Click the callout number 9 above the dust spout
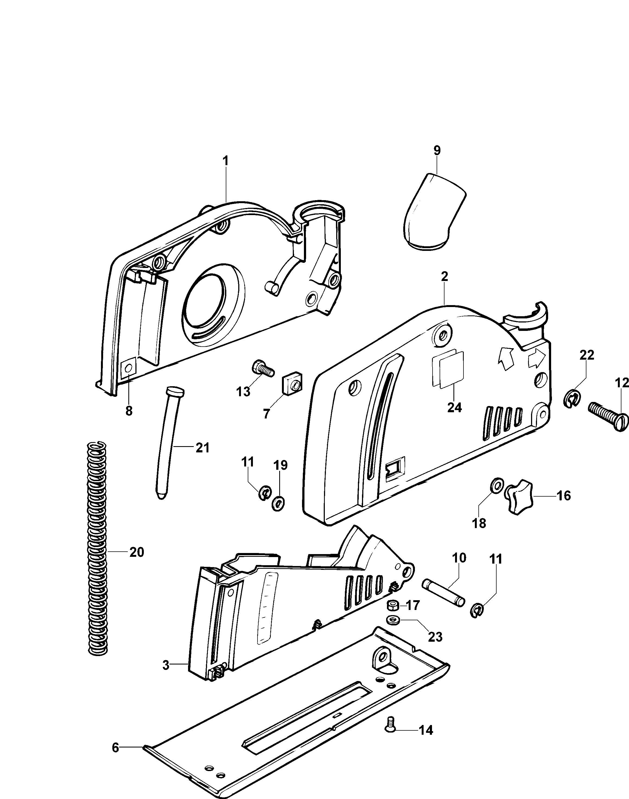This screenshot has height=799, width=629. pyautogui.click(x=437, y=151)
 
